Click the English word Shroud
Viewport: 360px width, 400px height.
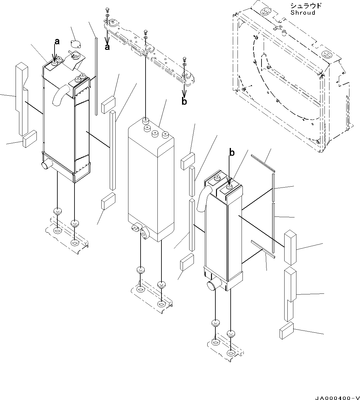303,12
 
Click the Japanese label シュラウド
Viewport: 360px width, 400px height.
305,6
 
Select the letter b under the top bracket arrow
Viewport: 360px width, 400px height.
184,101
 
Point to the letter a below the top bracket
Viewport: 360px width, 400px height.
107,47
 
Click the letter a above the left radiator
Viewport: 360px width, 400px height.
57,42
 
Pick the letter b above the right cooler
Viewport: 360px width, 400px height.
232,153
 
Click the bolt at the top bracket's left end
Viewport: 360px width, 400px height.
107,10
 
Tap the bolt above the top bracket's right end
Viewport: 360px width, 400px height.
184,59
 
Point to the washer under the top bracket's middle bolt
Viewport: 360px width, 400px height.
146,37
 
